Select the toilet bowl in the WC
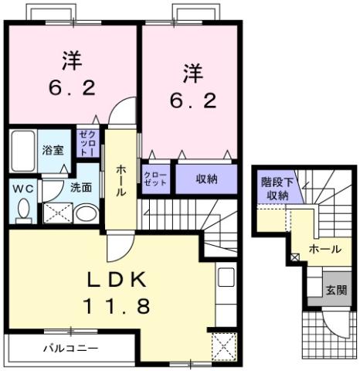[x=22, y=209]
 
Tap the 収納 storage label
[x=206, y=179]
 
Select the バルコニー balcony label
[x=70, y=349]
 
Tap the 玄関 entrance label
[x=335, y=291]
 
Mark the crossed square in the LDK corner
[x=222, y=345]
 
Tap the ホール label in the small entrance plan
[x=324, y=249]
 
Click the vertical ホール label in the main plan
[x=122, y=181]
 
